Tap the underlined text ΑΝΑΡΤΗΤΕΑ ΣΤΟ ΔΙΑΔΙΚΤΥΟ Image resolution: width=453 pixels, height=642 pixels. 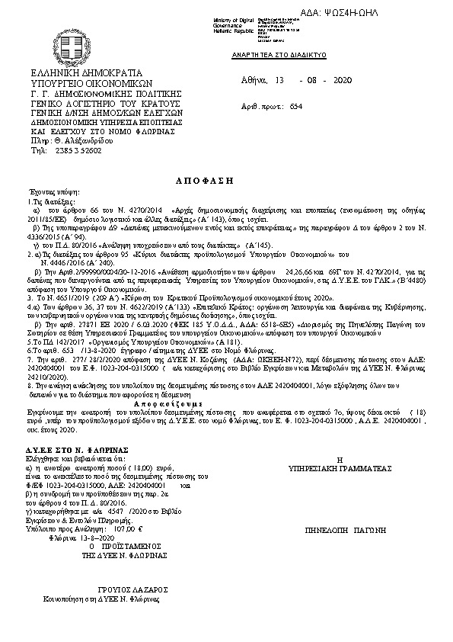click(279, 57)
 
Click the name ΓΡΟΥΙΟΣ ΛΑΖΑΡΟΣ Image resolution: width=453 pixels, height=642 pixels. click(129, 589)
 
